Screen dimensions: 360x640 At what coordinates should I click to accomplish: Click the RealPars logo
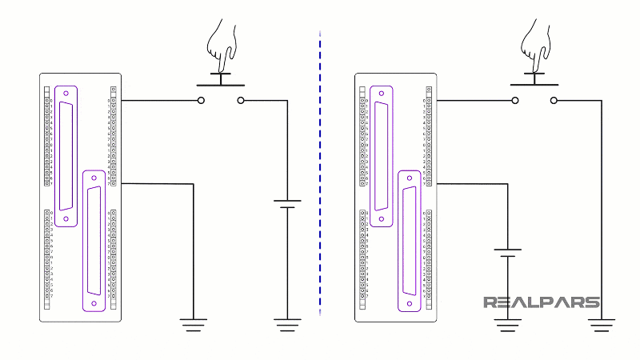pos(541,302)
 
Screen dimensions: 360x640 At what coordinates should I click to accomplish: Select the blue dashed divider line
pos(320,176)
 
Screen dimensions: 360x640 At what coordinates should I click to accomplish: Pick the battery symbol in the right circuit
pos(507,253)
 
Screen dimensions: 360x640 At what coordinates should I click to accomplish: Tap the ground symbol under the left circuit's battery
pos(287,324)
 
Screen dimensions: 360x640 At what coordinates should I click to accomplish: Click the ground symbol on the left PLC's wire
pos(193,324)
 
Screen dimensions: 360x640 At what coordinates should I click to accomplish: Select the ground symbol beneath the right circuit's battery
pos(507,324)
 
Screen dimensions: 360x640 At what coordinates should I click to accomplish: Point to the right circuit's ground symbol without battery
pos(602,324)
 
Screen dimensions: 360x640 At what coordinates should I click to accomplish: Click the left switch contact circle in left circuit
pos(201,101)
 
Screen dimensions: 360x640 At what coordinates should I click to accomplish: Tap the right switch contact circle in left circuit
pos(240,101)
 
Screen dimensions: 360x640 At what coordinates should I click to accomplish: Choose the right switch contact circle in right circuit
pos(554,101)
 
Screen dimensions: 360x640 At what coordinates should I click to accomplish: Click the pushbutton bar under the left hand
pos(220,82)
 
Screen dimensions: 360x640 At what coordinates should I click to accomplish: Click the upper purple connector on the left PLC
pos(66,156)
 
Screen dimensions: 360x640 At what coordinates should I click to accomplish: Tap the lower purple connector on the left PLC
pos(94,240)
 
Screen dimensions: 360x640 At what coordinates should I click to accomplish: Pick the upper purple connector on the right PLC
pos(381,156)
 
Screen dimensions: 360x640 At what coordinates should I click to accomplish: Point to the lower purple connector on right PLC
pos(410,240)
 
